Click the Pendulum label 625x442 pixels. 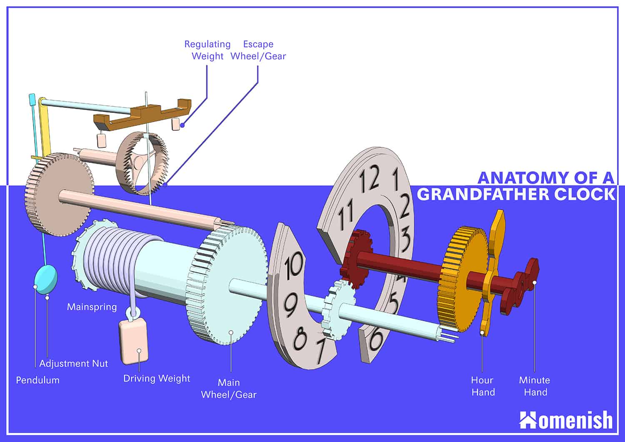(37, 380)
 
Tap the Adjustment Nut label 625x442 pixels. (73, 363)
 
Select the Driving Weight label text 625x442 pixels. (157, 378)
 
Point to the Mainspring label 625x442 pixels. (92, 307)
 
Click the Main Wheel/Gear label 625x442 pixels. (229, 388)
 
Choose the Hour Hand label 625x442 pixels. (483, 386)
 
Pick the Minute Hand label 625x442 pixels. (535, 386)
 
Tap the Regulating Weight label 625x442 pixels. (207, 50)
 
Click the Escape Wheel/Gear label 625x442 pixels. (258, 50)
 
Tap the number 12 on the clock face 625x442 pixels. (369, 179)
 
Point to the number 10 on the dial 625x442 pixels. (294, 265)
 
